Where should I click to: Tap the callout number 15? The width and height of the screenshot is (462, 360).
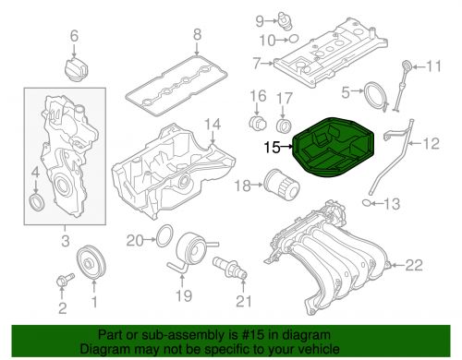(x=272, y=146)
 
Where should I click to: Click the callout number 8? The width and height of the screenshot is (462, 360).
(x=196, y=36)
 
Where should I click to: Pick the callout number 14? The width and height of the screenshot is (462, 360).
(x=213, y=124)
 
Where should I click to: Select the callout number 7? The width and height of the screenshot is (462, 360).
(x=256, y=64)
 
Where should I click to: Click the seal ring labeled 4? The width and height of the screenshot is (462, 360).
(x=36, y=202)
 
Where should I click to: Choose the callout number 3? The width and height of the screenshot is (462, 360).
(x=66, y=242)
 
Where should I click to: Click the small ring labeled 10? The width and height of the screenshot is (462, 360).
(x=293, y=40)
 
